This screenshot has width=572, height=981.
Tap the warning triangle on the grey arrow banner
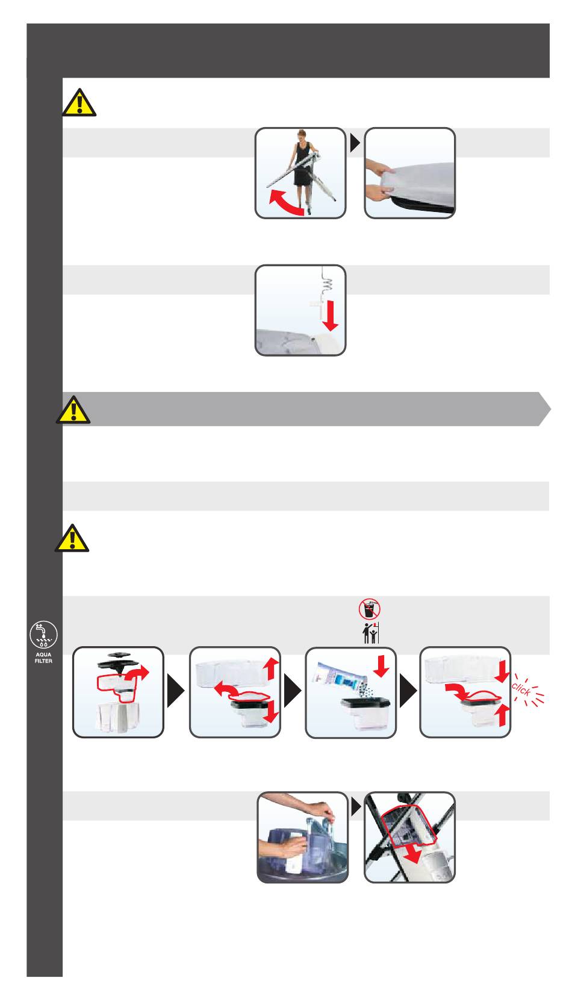pos(73,410)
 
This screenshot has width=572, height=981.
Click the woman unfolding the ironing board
pos(301,169)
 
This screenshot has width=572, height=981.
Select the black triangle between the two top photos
pos(355,143)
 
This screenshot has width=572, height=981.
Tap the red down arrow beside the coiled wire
pos(330,316)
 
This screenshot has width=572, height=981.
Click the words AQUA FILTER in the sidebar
pos(43,658)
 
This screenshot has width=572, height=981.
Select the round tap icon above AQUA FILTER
pos(43,635)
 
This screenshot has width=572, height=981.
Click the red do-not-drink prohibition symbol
pos(370,609)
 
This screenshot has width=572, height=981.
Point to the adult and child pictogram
pos(370,633)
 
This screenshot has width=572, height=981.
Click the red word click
pos(521,689)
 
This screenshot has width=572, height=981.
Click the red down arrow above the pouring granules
pos(381,666)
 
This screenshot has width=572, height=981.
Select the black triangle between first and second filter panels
pos(176,691)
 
